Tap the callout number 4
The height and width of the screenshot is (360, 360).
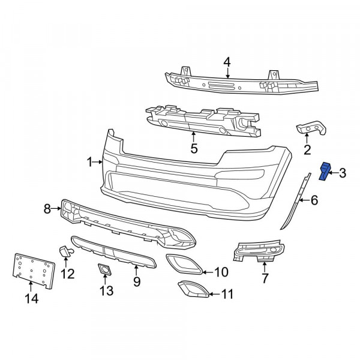pos(227,62)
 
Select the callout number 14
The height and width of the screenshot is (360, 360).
pos(31,298)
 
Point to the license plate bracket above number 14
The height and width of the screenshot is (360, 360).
pos(34,271)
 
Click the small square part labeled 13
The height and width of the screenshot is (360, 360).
pos(104,269)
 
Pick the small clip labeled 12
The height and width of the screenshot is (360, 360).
pos(65,250)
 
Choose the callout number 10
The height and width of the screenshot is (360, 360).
pos(221,272)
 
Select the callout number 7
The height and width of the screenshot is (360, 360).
pos(265,278)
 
